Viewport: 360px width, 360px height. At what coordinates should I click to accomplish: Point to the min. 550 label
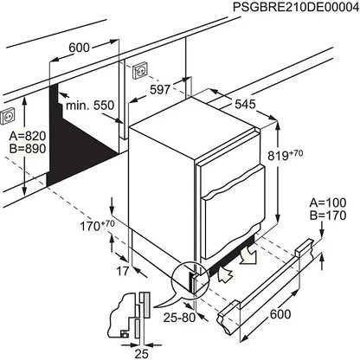pyautogui.click(x=91, y=105)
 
